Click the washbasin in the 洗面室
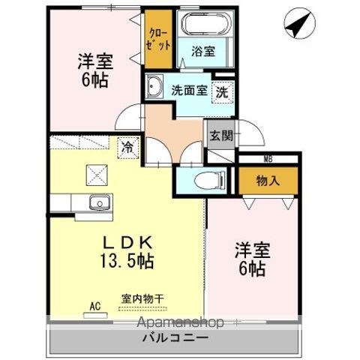point(155,86)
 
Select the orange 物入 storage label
point(269,181)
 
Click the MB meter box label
point(268,159)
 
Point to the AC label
point(95,306)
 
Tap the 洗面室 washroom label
point(189,90)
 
